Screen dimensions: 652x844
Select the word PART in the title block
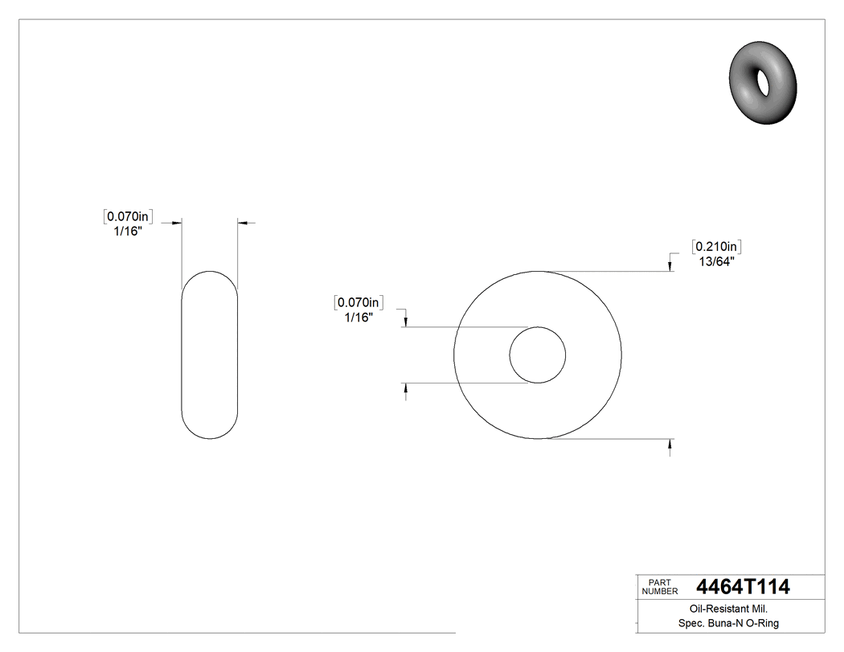click(x=658, y=582)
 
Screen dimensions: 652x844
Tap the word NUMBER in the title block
click(x=659, y=592)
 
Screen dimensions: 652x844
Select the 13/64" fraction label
click(x=715, y=260)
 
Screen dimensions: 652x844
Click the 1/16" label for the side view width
click(x=128, y=231)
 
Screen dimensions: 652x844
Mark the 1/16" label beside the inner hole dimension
click(x=358, y=318)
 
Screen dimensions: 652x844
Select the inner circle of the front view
click(x=538, y=355)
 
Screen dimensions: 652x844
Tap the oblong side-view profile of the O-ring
click(x=210, y=355)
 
